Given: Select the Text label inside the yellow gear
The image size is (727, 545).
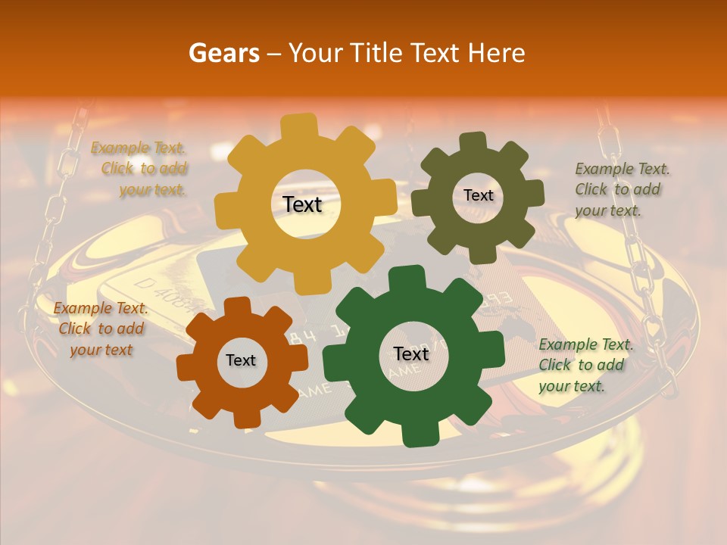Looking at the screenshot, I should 302,204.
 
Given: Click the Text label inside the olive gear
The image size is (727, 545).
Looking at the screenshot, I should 478,195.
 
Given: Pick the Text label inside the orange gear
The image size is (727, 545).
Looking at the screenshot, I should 241,361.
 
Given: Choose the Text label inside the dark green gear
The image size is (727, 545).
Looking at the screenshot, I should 411,354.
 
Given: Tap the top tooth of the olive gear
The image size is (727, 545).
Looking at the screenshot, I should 473,142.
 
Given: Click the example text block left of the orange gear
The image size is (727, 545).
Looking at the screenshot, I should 101,329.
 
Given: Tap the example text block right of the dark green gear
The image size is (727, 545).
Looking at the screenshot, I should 585,365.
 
